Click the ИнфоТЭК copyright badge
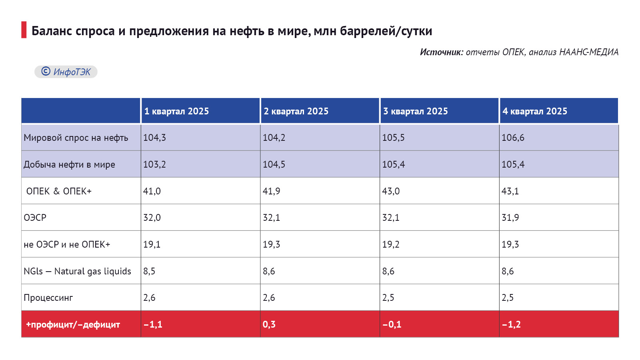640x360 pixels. point(66,72)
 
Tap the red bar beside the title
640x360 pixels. point(24,30)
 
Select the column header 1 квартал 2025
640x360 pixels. point(176,111)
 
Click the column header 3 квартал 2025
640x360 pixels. point(416,111)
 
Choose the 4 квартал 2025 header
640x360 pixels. point(535,111)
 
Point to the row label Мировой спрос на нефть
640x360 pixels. point(76,138)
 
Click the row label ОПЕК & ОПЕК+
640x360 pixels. point(59,191)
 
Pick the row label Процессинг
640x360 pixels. point(48,298)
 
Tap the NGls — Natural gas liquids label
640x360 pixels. point(77,271)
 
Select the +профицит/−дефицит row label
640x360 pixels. point(73,324)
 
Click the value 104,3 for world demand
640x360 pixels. point(154,138)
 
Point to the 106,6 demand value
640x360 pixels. point(513,138)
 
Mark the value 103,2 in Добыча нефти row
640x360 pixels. point(154,164)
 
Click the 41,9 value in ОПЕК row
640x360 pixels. point(271,191)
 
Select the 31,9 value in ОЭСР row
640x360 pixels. point(510,218)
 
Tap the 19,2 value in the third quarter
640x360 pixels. point(390,244)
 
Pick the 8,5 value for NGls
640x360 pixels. point(149,271)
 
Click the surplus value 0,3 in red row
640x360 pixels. point(269,324)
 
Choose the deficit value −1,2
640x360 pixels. point(511,324)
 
